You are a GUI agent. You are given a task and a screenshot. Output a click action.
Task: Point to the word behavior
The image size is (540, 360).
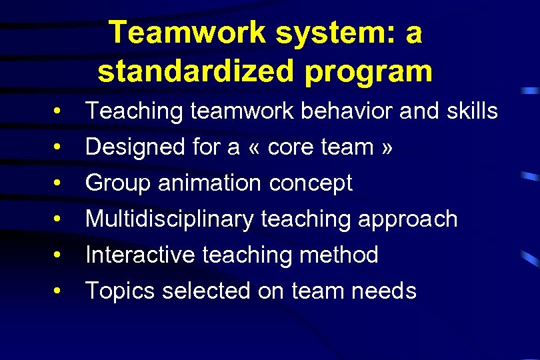(347, 111)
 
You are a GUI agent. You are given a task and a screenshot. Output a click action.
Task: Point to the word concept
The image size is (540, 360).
(311, 183)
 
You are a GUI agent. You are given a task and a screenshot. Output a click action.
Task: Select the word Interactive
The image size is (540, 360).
(141, 255)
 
